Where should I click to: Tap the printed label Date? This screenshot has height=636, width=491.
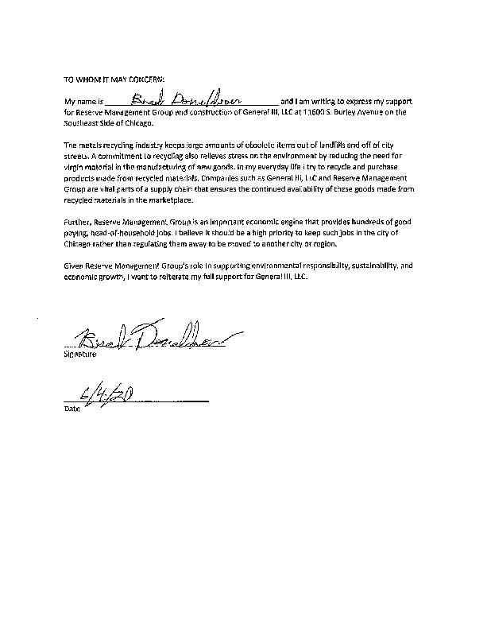(72, 410)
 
